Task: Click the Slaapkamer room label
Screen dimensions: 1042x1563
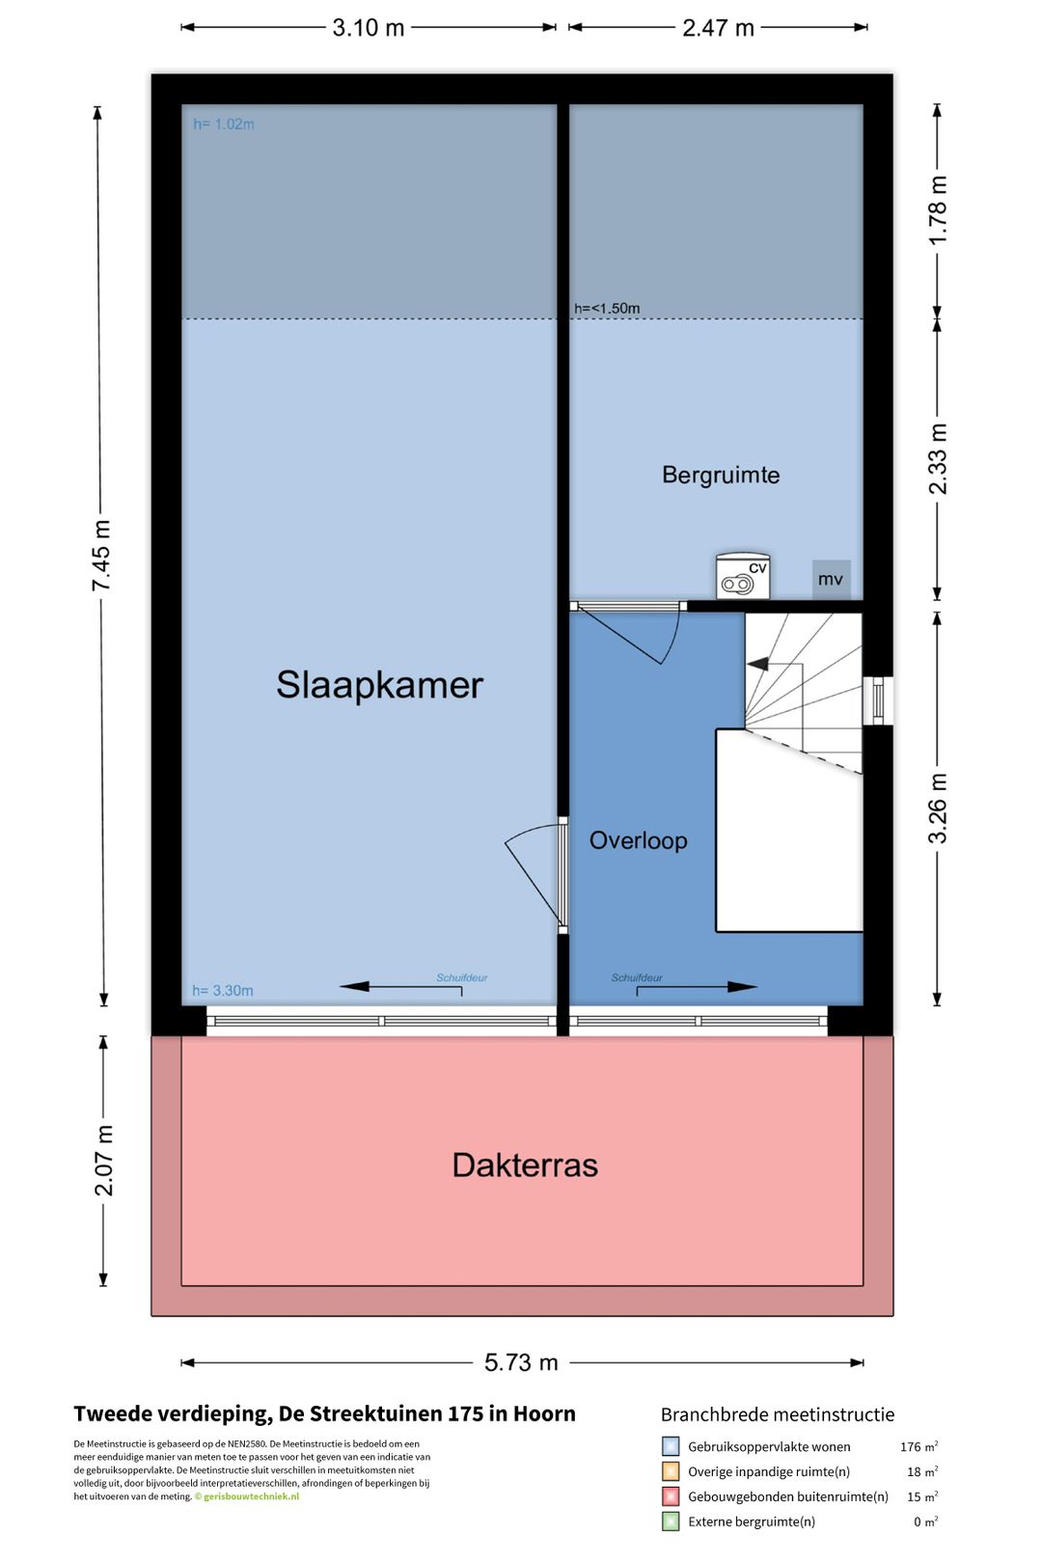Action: tap(379, 684)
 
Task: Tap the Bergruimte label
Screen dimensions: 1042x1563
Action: tap(721, 476)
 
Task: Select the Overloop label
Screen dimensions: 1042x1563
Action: tap(638, 840)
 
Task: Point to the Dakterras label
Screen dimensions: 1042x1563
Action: tap(525, 1165)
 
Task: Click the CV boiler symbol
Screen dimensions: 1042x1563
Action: tap(743, 576)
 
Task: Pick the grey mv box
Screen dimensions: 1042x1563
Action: tap(831, 579)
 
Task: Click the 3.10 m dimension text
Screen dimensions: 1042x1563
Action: tap(368, 28)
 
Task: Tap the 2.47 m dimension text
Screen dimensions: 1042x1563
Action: tap(718, 28)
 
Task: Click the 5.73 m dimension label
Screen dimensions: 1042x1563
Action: tap(521, 1362)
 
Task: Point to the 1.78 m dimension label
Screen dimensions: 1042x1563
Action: tap(937, 210)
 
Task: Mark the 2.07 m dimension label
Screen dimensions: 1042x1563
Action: tap(103, 1161)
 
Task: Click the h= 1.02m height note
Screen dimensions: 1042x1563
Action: tap(223, 124)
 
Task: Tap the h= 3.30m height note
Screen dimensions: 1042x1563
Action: tap(223, 990)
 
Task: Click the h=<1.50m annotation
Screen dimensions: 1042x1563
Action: tap(607, 309)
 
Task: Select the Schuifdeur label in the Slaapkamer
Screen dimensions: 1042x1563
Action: tap(461, 977)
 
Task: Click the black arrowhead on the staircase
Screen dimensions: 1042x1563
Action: tap(757, 664)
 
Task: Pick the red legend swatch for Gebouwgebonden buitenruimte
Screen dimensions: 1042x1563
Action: tap(670, 1496)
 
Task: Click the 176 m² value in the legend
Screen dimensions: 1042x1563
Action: tap(919, 1446)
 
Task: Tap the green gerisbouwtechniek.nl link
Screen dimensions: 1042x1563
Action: tap(251, 1496)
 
